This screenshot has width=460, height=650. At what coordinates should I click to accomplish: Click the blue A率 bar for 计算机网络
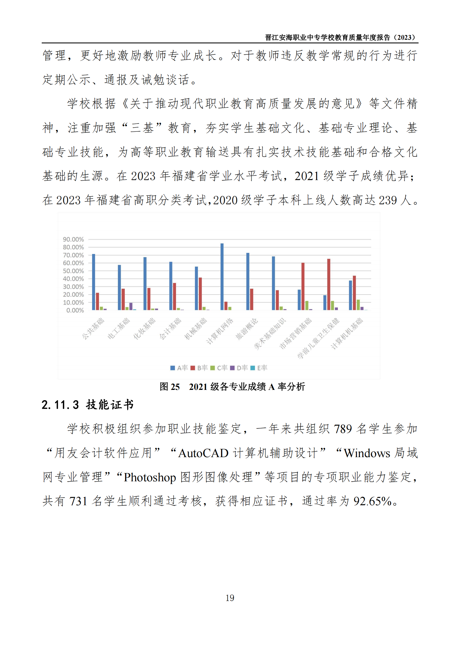[x=222, y=277]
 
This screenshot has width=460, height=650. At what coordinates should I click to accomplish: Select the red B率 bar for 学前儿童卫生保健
[x=328, y=284]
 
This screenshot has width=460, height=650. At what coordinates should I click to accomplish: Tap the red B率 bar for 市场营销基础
[x=303, y=286]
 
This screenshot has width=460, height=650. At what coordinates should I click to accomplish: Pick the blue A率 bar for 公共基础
[x=94, y=282]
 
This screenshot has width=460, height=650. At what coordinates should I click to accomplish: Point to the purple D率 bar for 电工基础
[x=131, y=306]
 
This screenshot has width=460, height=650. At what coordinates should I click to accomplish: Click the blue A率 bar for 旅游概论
[x=248, y=282]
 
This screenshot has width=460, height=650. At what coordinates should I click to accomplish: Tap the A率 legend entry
[x=179, y=368]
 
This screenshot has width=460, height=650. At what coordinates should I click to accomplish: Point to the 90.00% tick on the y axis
[x=73, y=240]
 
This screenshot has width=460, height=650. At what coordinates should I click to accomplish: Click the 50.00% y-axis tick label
[x=73, y=271]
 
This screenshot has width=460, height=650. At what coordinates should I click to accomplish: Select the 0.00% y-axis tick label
[x=75, y=311]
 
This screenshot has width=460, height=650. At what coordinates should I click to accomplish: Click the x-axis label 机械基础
[x=196, y=328]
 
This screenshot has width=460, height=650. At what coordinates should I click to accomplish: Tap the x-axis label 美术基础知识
[x=270, y=333]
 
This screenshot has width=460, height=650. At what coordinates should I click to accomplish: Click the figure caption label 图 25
[x=169, y=387]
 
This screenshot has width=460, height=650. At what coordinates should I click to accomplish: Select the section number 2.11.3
[x=60, y=405]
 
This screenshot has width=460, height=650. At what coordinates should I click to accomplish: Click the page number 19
[x=230, y=598]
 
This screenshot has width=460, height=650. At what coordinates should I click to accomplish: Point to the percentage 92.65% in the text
[x=372, y=501]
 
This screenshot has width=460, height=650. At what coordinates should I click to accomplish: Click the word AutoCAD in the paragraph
[x=203, y=453]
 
